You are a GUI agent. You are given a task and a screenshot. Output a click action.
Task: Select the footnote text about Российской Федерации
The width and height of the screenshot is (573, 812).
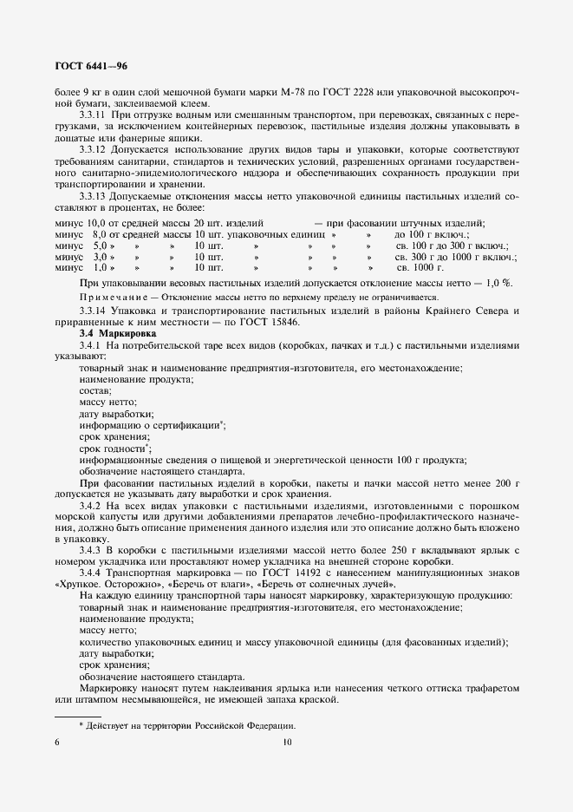tap(187, 725)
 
